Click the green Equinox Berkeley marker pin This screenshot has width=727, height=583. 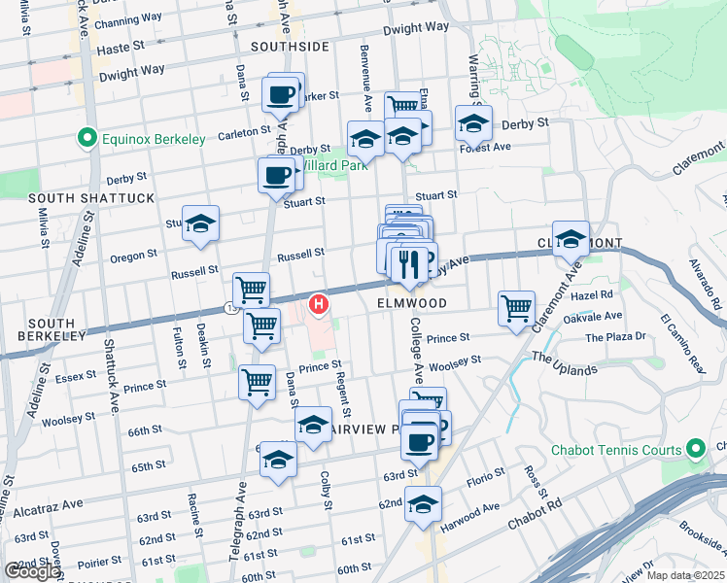point(88,139)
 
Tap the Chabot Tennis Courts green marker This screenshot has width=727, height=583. point(695,450)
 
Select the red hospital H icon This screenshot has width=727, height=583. point(318,305)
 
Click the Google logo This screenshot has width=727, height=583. point(32,571)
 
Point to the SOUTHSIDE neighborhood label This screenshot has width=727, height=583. point(290,47)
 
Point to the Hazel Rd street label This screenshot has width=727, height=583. point(593,294)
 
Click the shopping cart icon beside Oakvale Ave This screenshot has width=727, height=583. point(516,309)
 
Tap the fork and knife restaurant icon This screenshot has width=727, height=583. point(408,262)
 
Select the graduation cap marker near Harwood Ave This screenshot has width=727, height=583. point(423,504)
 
